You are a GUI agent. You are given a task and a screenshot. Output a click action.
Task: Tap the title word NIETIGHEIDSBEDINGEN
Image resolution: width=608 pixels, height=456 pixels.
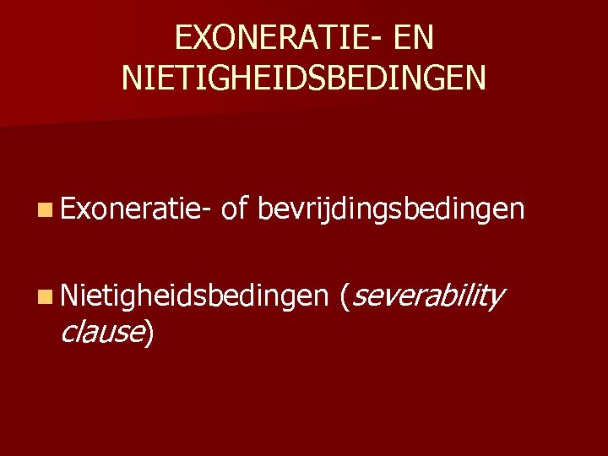pos(304,79)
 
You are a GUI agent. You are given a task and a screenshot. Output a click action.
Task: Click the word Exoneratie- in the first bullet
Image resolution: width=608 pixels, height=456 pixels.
pos(134,209)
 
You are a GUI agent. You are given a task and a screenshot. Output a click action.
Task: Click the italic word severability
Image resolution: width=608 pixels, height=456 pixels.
pos(426,296)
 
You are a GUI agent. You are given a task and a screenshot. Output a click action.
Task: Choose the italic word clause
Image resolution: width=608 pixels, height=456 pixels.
pos(102,333)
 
